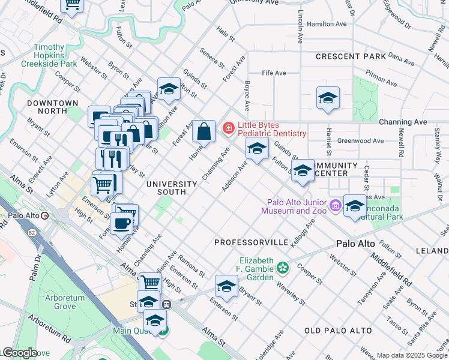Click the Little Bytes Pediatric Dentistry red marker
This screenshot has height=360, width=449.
[x=228, y=128]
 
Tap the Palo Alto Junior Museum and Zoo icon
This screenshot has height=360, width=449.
[x=335, y=206]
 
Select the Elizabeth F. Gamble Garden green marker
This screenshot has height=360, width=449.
[x=283, y=266]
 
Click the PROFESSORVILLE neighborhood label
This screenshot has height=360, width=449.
[x=252, y=242]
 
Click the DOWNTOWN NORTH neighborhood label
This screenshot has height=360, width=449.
[x=52, y=107]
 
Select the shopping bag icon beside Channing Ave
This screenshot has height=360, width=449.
[x=203, y=130]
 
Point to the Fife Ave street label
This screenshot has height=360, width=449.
[x=274, y=73]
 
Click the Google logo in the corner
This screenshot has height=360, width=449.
[x=19, y=353]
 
